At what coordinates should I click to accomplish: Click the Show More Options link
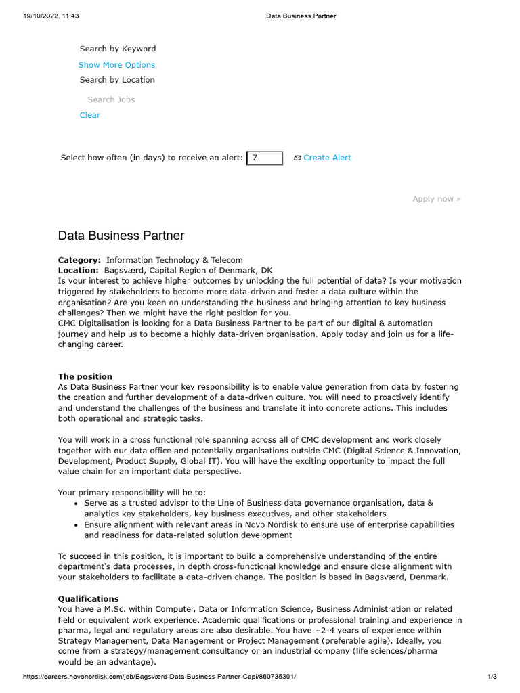[x=116, y=65]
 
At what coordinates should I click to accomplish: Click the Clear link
[x=89, y=115]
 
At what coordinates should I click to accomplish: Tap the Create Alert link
[x=327, y=158]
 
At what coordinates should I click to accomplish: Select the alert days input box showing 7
[x=265, y=158]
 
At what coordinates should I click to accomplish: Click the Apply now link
[x=436, y=199]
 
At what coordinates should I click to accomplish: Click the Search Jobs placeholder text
[x=111, y=99]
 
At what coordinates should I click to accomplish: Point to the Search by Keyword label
[x=117, y=49]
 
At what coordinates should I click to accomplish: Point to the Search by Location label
[x=117, y=80]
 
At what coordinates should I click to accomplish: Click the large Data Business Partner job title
[x=121, y=236]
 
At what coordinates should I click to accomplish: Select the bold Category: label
[x=79, y=260]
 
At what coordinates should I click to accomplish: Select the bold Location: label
[x=78, y=270]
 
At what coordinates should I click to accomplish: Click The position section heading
[x=85, y=376]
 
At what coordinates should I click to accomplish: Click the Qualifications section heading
[x=88, y=599]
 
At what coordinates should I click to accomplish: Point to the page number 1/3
[x=492, y=677]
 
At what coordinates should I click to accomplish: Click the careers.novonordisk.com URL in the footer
[x=159, y=677]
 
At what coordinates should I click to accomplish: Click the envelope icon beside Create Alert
[x=297, y=158]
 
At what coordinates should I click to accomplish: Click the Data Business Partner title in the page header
[x=301, y=16]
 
